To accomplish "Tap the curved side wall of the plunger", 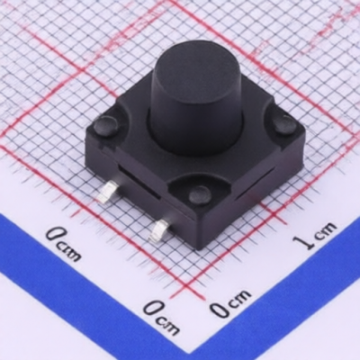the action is tap(196, 120).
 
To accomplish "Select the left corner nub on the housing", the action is tap(105, 126).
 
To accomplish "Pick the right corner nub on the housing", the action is tap(284, 124).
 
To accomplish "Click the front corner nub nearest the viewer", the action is tap(200, 193).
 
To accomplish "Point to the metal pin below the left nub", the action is tap(107, 192).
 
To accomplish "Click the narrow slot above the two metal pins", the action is tap(139, 183).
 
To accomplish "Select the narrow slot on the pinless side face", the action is tap(255, 184).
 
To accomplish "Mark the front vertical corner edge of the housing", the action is tap(198, 231).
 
